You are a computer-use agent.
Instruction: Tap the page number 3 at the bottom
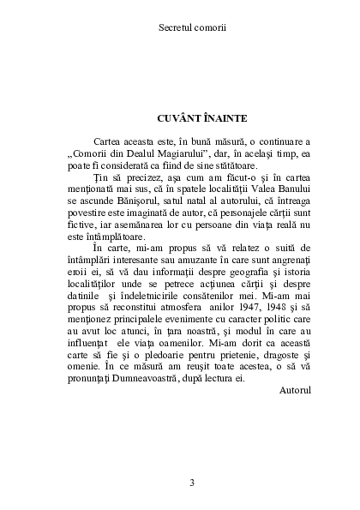coord(180,482)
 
